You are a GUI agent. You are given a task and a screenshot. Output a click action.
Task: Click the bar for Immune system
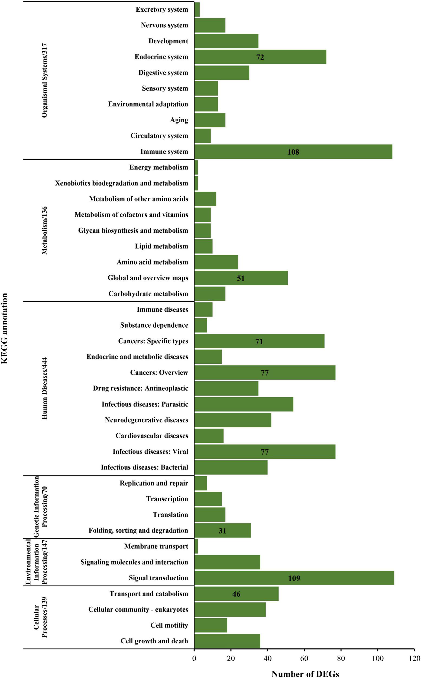click(293, 152)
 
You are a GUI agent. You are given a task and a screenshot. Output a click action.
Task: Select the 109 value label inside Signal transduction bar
click(294, 578)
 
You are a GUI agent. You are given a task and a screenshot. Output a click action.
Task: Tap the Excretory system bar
click(197, 9)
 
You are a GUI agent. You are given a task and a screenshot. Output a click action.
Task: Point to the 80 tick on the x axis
click(341, 658)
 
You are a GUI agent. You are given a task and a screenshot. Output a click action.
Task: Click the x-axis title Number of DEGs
click(305, 674)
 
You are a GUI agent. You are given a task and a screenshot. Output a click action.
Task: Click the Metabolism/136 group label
click(44, 231)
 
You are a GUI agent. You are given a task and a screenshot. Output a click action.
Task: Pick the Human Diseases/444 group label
click(44, 388)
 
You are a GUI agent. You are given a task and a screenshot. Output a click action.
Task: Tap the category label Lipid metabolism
click(161, 246)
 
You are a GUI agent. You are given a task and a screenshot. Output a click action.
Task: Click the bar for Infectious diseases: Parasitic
click(244, 404)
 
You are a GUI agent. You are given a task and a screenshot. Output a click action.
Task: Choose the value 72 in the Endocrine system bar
click(260, 57)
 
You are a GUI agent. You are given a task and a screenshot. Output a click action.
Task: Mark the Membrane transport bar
click(196, 546)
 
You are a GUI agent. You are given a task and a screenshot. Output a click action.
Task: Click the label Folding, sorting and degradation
click(138, 530)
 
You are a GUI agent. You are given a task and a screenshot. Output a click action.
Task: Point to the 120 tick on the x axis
click(414, 658)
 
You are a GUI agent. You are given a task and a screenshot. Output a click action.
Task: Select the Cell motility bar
click(210, 625)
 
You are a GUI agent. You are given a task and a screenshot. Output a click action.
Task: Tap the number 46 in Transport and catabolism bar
click(236, 594)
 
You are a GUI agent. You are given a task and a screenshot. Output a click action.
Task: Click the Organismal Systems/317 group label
click(44, 80)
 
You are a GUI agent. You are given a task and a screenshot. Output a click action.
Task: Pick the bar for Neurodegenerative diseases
click(232, 420)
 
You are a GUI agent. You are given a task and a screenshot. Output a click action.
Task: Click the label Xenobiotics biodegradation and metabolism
click(121, 183)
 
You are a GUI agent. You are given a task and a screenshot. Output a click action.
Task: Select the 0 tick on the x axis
click(194, 658)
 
